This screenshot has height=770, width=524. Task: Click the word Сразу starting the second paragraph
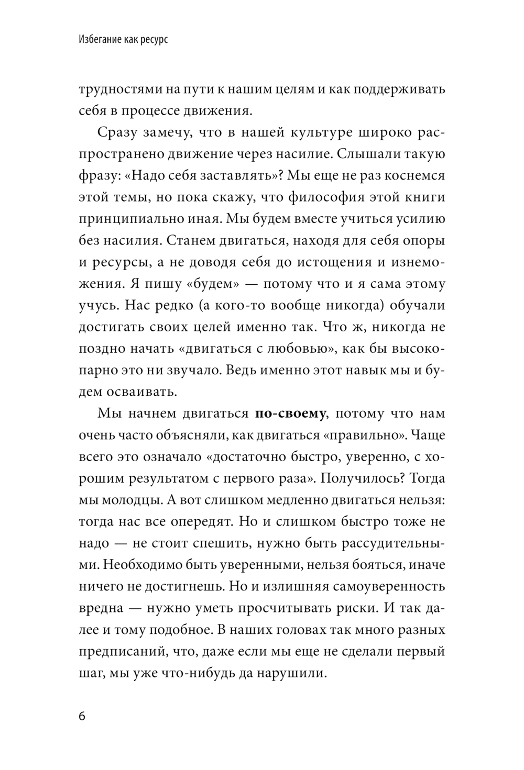(116, 132)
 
